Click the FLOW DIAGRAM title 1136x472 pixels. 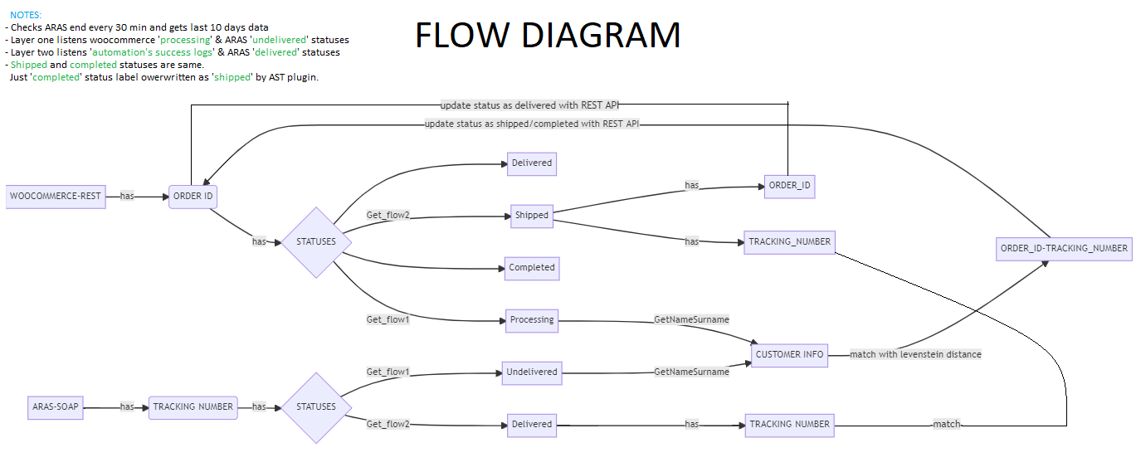tap(548, 36)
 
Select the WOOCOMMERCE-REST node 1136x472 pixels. tap(55, 196)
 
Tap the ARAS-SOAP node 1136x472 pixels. tap(56, 406)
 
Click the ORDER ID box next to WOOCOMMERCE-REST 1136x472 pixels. tap(193, 196)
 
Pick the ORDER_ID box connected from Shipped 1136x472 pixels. tap(789, 185)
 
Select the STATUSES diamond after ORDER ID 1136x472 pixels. tap(316, 242)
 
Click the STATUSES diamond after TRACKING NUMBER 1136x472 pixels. tap(316, 407)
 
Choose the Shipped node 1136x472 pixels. tap(531, 215)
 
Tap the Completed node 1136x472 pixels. tap(532, 268)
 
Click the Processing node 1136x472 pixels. tap(532, 320)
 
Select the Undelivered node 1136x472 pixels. tap(532, 372)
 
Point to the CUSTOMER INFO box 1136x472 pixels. tap(789, 354)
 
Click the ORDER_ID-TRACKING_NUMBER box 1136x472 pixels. tap(1064, 248)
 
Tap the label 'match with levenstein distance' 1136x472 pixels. tap(915, 354)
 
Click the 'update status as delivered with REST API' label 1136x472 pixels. tap(529, 105)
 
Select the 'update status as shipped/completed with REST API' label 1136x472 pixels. tap(531, 124)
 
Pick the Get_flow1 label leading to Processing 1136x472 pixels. tap(388, 319)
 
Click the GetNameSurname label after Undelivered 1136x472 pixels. tap(691, 372)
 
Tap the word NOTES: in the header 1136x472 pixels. tap(26, 15)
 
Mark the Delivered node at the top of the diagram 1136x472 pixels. tap(531, 163)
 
